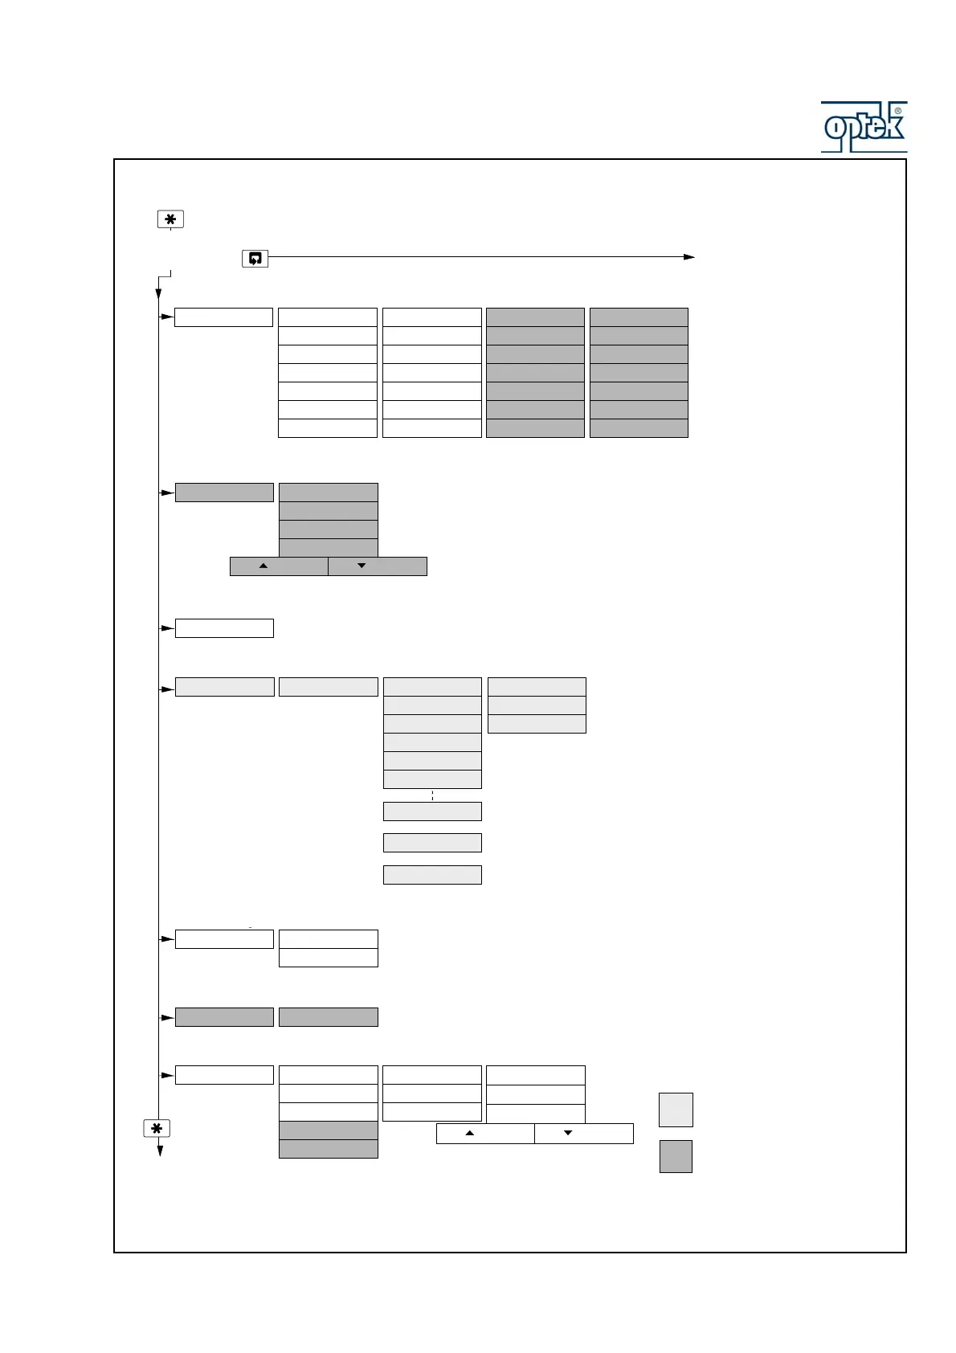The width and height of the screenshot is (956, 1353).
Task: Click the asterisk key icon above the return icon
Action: [170, 219]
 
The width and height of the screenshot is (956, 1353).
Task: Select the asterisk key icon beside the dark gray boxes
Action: [157, 1129]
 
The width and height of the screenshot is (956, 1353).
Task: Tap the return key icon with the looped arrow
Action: [255, 259]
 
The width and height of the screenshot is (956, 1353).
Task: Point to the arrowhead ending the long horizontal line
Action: [689, 257]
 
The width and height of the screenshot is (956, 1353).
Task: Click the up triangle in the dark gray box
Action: [263, 566]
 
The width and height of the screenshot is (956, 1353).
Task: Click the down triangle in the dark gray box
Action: [362, 566]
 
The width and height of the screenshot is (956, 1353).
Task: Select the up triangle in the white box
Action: [470, 1133]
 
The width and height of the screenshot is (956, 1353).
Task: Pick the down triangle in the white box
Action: [568, 1133]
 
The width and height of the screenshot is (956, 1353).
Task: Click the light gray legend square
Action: [676, 1110]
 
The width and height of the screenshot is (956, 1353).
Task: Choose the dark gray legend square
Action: [676, 1156]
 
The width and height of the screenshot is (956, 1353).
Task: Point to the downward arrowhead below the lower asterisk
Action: [160, 1151]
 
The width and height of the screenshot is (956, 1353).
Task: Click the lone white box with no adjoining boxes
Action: [224, 628]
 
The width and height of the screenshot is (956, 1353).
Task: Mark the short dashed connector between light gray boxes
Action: [432, 795]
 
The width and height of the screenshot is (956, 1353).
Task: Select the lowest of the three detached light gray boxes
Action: [432, 875]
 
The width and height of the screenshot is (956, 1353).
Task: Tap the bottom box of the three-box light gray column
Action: [537, 724]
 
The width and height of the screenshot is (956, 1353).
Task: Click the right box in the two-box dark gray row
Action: [328, 1017]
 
